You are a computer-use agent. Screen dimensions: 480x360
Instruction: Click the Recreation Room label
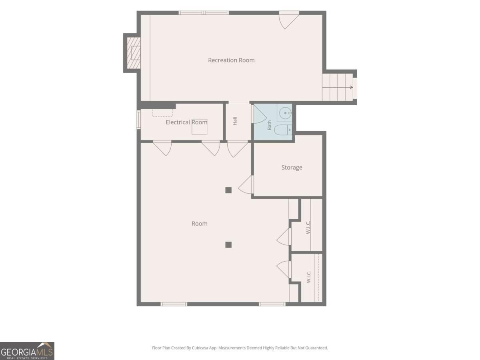point(231,60)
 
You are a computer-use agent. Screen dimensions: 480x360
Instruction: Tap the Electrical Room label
point(186,122)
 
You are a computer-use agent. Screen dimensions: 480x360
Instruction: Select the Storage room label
point(292,168)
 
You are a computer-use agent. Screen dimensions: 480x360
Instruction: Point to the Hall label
point(235,121)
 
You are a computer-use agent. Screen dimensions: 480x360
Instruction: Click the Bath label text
point(269,125)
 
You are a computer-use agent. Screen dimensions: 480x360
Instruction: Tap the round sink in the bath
point(285,113)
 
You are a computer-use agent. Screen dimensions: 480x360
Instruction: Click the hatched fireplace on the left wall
point(134,53)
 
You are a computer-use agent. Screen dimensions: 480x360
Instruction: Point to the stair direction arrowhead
point(351,87)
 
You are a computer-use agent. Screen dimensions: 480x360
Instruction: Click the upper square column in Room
point(228,190)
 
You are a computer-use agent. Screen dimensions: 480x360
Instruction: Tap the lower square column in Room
point(228,244)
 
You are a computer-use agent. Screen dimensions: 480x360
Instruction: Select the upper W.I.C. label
point(308,227)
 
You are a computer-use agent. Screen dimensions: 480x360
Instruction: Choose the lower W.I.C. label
point(308,277)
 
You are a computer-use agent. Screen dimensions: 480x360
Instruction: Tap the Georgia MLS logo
point(27,351)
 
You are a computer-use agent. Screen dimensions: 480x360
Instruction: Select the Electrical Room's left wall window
point(138,120)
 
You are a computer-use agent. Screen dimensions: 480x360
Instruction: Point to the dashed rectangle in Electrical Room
point(162,113)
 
